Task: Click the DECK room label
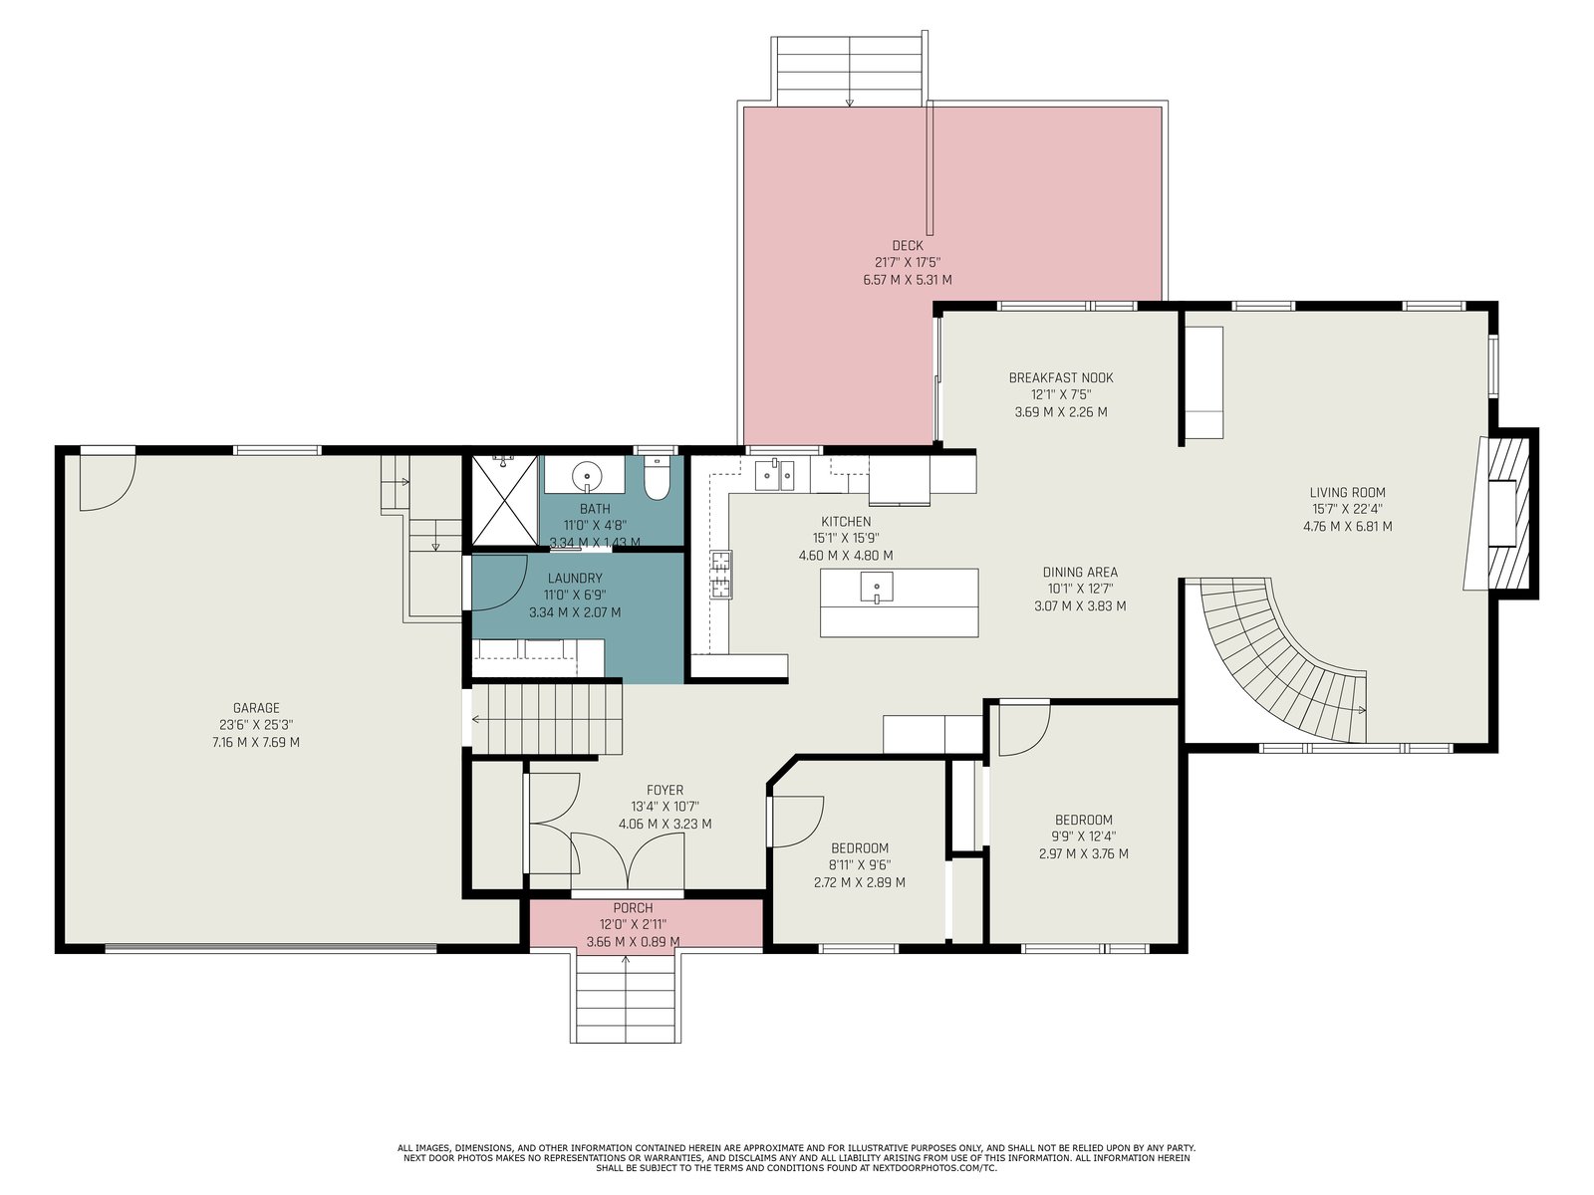(x=907, y=246)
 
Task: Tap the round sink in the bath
(x=587, y=477)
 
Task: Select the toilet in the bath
(x=657, y=479)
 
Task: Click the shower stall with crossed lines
(x=504, y=500)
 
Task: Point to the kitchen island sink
(x=877, y=587)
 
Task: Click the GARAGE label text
(x=256, y=707)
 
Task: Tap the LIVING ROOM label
(x=1347, y=492)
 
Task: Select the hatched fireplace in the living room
(x=1507, y=514)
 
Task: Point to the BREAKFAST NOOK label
(x=1060, y=378)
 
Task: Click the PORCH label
(x=633, y=907)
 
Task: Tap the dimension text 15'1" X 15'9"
(x=846, y=539)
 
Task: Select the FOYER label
(x=664, y=790)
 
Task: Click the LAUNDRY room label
(x=575, y=579)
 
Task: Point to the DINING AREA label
(x=1080, y=573)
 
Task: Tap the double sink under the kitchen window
(x=774, y=475)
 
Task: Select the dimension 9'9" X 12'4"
(x=1084, y=836)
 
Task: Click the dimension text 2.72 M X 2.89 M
(x=859, y=883)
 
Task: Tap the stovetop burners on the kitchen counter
(x=721, y=575)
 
